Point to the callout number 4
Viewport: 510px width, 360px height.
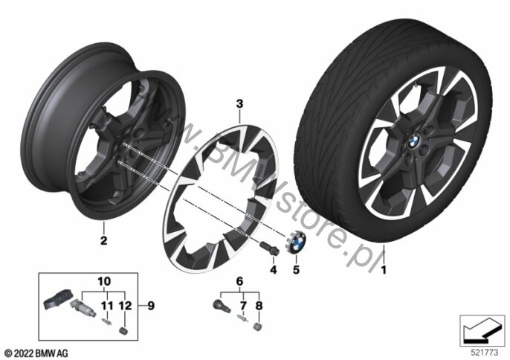point(273,269)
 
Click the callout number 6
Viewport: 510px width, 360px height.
point(239,281)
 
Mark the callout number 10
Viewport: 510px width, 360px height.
point(103,281)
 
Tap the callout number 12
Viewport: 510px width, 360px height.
point(123,304)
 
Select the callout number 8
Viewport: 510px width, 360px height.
point(259,304)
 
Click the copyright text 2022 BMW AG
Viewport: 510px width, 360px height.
point(36,350)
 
